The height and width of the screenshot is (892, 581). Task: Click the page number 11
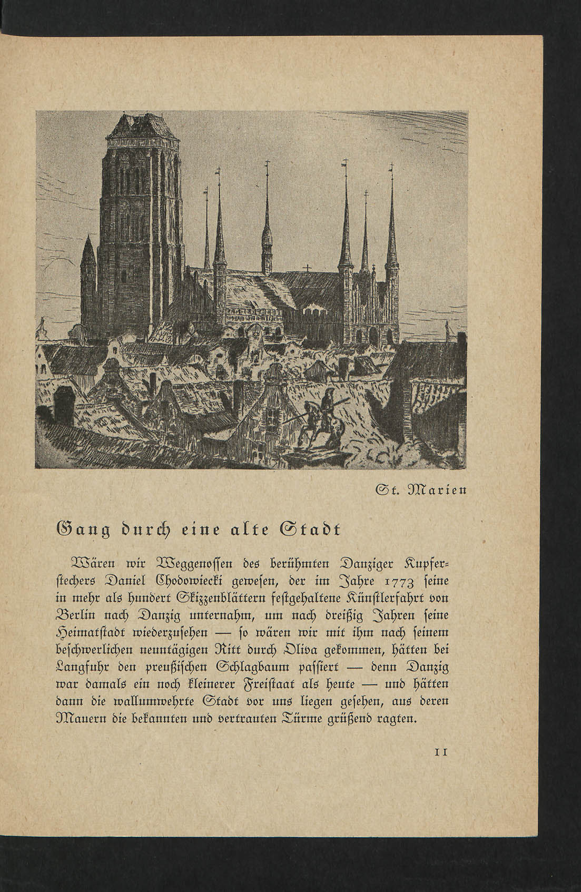(440, 752)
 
